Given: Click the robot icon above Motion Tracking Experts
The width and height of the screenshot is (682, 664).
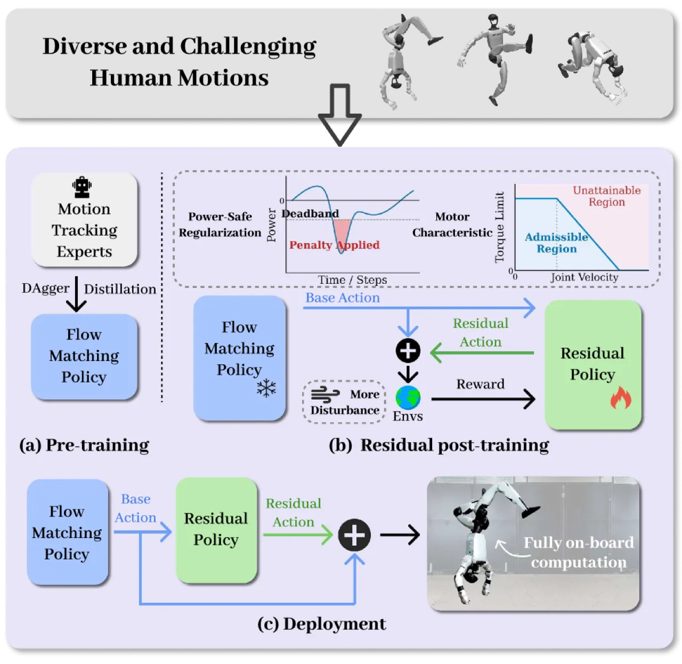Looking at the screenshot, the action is tap(82, 187).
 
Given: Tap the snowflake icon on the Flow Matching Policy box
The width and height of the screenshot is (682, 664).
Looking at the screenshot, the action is tap(266, 387).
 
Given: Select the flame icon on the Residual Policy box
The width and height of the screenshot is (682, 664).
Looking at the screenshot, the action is tap(621, 397).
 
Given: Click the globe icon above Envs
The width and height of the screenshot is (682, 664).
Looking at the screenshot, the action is tap(408, 397).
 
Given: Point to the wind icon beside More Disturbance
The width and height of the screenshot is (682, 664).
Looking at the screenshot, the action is tap(325, 394).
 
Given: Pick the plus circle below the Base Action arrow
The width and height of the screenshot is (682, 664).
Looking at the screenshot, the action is tap(408, 350).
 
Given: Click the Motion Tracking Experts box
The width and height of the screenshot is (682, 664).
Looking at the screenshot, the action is tap(84, 219).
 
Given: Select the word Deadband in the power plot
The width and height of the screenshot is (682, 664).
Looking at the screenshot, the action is tap(310, 213).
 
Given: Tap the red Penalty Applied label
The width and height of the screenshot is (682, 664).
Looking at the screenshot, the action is tap(334, 244).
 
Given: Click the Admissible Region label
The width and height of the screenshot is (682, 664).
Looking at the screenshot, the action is tap(556, 242).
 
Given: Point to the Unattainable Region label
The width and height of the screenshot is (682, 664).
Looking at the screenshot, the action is tap(606, 196).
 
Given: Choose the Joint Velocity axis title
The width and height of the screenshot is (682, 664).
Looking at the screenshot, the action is tap(584, 277).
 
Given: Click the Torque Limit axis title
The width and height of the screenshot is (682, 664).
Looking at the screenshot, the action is tap(499, 227).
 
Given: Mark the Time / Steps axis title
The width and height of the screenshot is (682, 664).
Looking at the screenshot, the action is tap(352, 279).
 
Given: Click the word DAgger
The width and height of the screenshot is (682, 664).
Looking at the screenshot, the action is tap(45, 289).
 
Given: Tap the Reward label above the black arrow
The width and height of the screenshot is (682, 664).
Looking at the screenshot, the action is tap(480, 384).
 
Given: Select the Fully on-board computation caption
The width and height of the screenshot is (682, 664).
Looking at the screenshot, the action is tap(578, 552).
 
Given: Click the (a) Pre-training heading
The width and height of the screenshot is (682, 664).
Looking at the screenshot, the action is tap(84, 445).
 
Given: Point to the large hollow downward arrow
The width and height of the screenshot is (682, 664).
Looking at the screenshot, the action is tap(339, 114).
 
